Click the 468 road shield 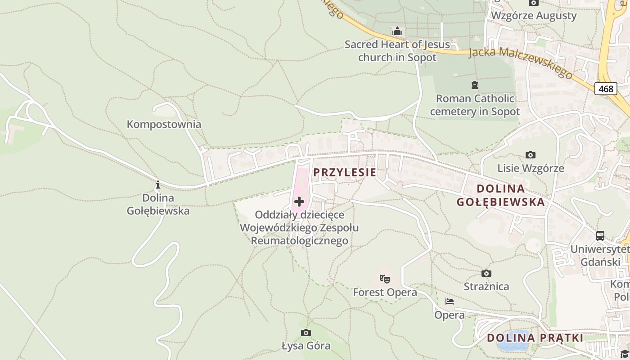pyautogui.click(x=605, y=89)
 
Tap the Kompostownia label pyautogui.click(x=164, y=124)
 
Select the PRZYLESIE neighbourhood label pyautogui.click(x=345, y=172)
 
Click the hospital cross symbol pyautogui.click(x=299, y=202)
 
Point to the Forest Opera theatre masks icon pyautogui.click(x=384, y=279)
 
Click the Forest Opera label pyautogui.click(x=385, y=292)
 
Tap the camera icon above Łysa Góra pyautogui.click(x=306, y=333)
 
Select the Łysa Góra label pyautogui.click(x=306, y=346)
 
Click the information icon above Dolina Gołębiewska pyautogui.click(x=158, y=184)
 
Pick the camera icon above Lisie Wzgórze pyautogui.click(x=531, y=155)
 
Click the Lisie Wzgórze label pyautogui.click(x=531, y=168)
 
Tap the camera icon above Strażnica pyautogui.click(x=486, y=273)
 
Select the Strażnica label pyautogui.click(x=486, y=287)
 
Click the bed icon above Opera pyautogui.click(x=450, y=301)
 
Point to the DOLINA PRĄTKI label pyautogui.click(x=535, y=338)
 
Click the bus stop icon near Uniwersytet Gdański pyautogui.click(x=600, y=236)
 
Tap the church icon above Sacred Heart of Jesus pyautogui.click(x=397, y=31)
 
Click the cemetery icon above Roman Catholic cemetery pyautogui.click(x=474, y=85)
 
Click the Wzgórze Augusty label pyautogui.click(x=533, y=16)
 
